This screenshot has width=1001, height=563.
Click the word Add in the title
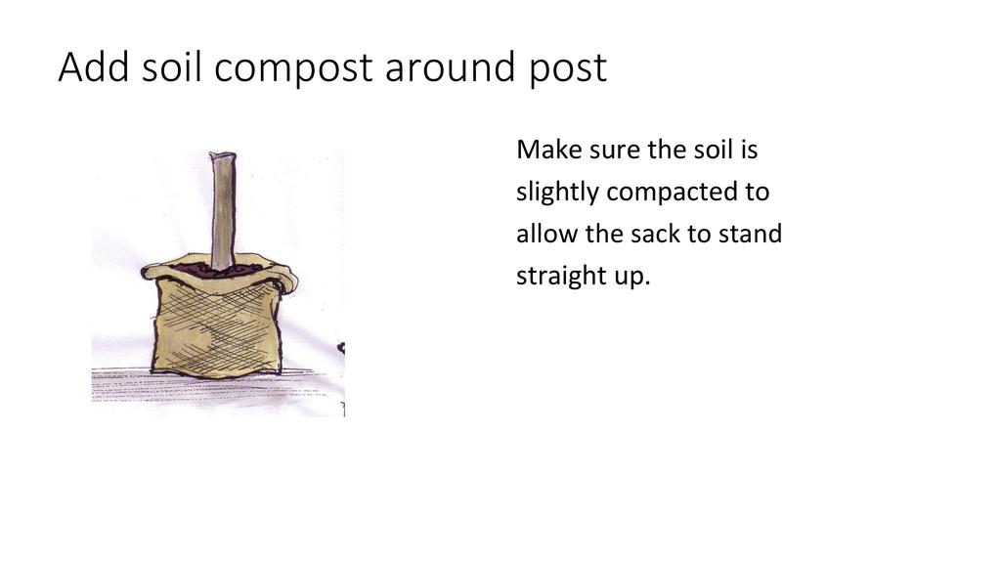coord(94,66)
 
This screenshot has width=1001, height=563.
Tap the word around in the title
coord(450,66)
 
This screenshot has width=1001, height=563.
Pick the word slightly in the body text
coord(557,193)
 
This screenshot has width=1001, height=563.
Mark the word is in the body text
coord(750,150)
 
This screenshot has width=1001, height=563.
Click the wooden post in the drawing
coord(223,211)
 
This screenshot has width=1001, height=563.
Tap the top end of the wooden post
coord(222,155)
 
